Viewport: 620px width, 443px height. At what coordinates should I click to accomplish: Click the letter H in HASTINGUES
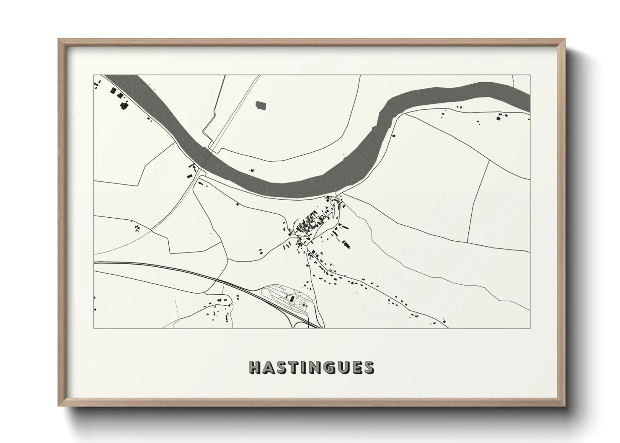coord(255,367)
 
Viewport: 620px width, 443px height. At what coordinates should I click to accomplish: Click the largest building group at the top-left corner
coord(123,105)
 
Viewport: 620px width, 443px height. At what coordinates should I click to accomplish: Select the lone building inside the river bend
coord(252,170)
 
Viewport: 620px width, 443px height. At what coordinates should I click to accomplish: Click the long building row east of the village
coord(346,244)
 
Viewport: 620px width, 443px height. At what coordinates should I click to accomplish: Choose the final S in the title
coord(369,367)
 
